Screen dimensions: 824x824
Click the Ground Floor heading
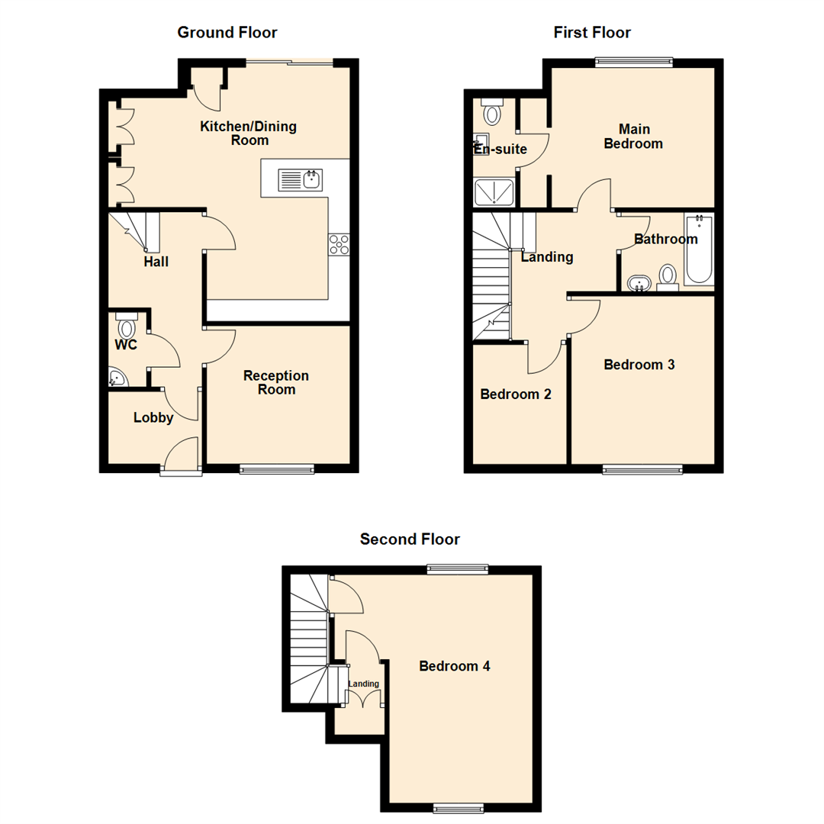pos(227,33)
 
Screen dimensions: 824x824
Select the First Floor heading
pos(592,33)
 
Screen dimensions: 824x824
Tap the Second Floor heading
pos(410,539)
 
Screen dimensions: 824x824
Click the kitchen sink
pos(302,180)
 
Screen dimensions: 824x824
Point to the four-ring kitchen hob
pos(340,243)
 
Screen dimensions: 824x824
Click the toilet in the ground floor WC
pos(126,326)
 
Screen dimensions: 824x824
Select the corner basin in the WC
pos(117,378)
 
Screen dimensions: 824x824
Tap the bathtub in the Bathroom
pos(698,250)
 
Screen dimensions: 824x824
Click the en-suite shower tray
pos(494,193)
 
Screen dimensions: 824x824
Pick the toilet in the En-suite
pos(492,112)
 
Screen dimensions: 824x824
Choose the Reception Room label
pos(276,382)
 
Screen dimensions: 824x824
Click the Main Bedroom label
pos(632,136)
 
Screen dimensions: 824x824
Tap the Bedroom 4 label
pos(455,666)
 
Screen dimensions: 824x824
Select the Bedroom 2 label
pos(516,394)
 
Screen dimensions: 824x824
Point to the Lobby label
pos(153,417)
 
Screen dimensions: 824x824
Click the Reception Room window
pos(276,469)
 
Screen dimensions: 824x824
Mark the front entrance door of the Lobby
pos(181,456)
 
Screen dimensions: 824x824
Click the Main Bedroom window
pos(633,62)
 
